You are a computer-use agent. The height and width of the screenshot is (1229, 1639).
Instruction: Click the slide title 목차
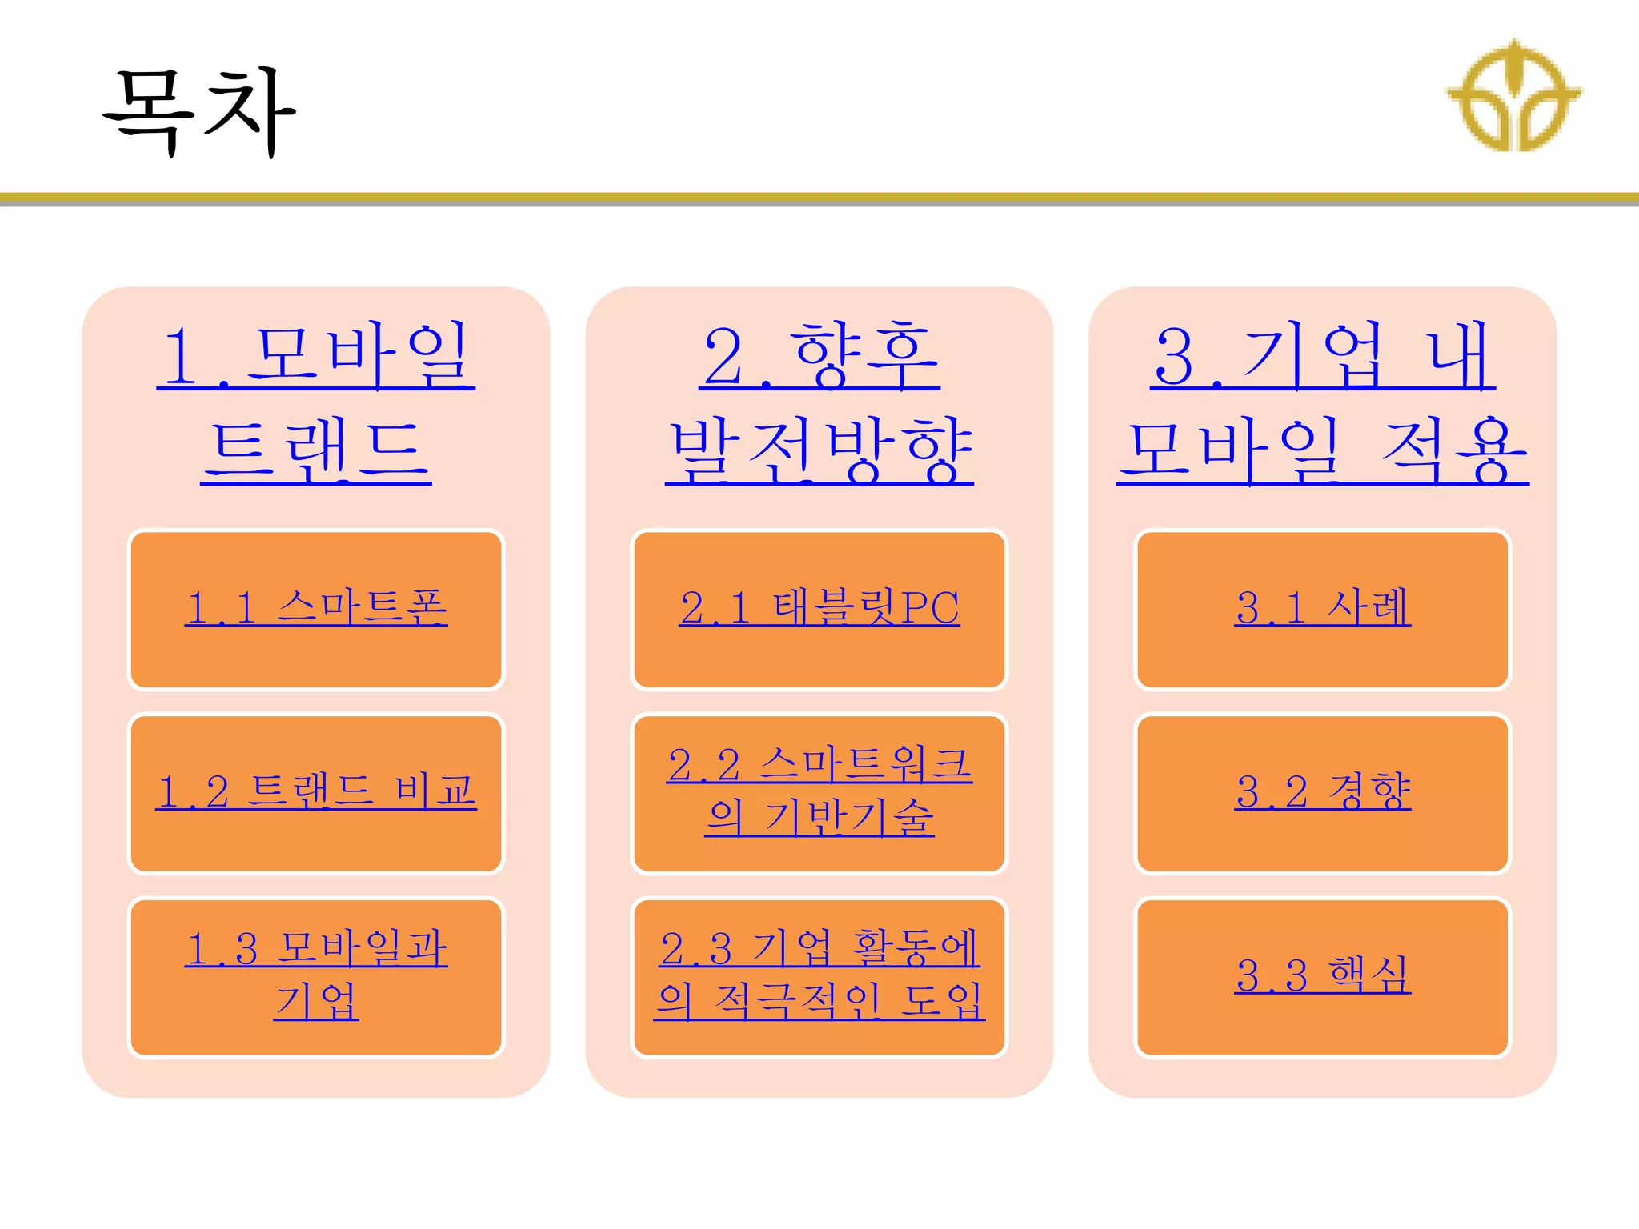[200, 112]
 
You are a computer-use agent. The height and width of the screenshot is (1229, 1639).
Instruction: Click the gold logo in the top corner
[1513, 96]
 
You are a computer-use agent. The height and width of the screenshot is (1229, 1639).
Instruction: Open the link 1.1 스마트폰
[316, 607]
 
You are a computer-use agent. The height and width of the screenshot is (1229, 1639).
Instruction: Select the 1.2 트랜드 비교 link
[316, 791]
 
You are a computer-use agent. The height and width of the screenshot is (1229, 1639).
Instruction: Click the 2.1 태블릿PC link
[819, 607]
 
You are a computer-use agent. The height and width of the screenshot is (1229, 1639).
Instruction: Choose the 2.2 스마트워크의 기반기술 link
[819, 791]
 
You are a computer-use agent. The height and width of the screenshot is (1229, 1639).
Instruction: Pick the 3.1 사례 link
[1322, 607]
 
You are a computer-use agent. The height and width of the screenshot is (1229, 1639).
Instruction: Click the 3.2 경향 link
[1322, 791]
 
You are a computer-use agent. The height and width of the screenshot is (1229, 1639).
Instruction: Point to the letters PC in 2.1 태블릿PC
[930, 607]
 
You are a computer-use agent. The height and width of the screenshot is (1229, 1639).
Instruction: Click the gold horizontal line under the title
[819, 197]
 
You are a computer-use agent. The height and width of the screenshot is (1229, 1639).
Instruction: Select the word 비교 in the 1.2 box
[435, 791]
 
